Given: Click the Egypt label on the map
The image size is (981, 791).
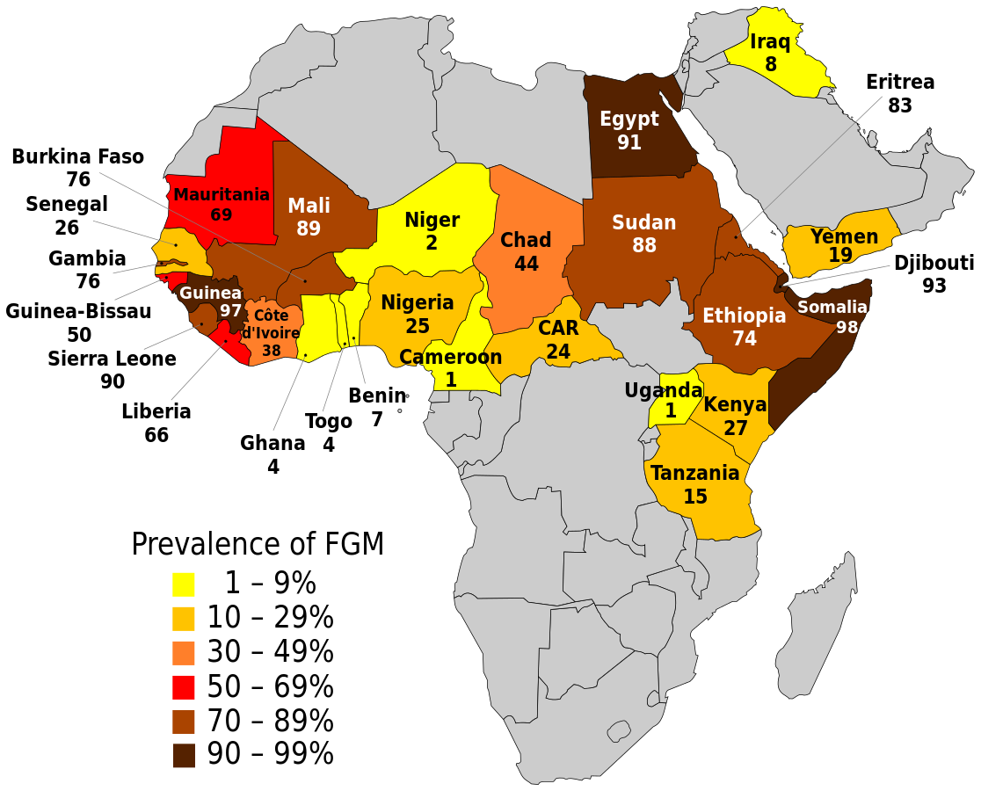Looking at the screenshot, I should (629, 120).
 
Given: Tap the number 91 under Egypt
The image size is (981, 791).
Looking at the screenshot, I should (629, 142).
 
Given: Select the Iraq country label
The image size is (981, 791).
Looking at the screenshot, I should (770, 42).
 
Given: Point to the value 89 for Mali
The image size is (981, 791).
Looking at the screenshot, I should (309, 229).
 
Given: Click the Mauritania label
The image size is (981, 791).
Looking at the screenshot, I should (222, 194).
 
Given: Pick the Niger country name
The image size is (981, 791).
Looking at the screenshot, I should (432, 220).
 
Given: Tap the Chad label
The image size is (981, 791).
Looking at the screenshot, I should (526, 240).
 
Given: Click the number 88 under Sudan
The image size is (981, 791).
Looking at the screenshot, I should (644, 246).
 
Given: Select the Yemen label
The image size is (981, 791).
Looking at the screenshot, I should (844, 236).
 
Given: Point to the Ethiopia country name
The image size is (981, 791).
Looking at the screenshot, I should (744, 316).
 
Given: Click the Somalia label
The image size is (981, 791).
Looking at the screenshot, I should (832, 308).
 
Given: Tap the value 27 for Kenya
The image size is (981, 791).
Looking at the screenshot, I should (735, 429).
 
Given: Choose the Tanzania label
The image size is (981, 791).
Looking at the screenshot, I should (694, 474).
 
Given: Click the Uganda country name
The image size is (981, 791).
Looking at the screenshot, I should (663, 390).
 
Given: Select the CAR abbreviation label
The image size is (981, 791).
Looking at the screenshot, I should (558, 329).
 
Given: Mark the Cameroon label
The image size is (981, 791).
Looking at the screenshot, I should (450, 358).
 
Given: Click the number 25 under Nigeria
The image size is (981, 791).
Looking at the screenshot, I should (418, 327).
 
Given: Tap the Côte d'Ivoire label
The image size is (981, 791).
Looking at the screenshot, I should (271, 324).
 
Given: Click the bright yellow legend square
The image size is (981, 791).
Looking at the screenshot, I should (184, 584).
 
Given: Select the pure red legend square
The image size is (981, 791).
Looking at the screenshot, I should (184, 687).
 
